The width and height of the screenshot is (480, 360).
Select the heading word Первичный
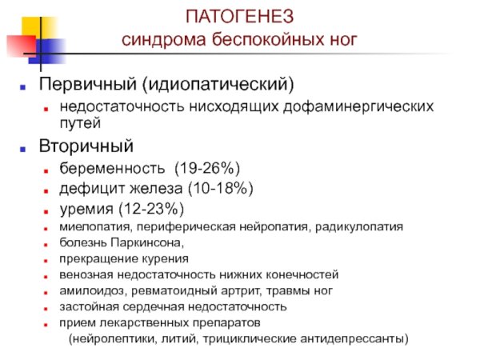[x=79, y=83]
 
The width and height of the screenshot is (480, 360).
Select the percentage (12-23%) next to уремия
[x=150, y=210]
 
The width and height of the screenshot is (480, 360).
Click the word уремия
[x=86, y=210]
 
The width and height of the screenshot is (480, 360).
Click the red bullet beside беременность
[x=48, y=169]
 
